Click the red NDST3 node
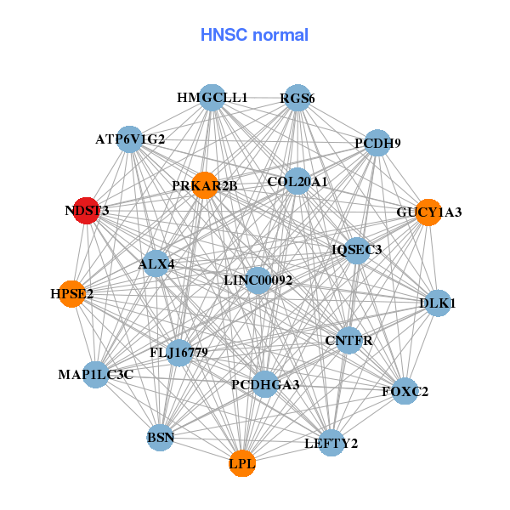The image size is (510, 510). (x=86, y=211)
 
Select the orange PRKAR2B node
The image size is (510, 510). (x=205, y=185)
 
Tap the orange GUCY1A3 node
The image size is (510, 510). (x=428, y=212)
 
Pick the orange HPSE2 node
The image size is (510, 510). (x=72, y=294)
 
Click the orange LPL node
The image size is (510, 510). (x=242, y=463)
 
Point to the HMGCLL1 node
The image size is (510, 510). (x=212, y=98)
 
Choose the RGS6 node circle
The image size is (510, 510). (x=297, y=99)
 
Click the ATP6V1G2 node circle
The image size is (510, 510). (x=130, y=139)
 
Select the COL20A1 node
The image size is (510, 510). (x=297, y=181)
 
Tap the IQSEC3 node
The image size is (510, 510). (x=357, y=250)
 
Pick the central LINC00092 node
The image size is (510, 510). (x=258, y=280)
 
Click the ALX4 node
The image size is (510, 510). (x=156, y=264)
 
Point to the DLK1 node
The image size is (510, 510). (x=437, y=303)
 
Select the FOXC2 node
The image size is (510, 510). (x=405, y=392)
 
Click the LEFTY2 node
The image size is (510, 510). (x=331, y=443)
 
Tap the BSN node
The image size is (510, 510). (x=161, y=439)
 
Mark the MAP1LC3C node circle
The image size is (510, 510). (x=96, y=374)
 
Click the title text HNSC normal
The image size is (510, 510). (x=254, y=35)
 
